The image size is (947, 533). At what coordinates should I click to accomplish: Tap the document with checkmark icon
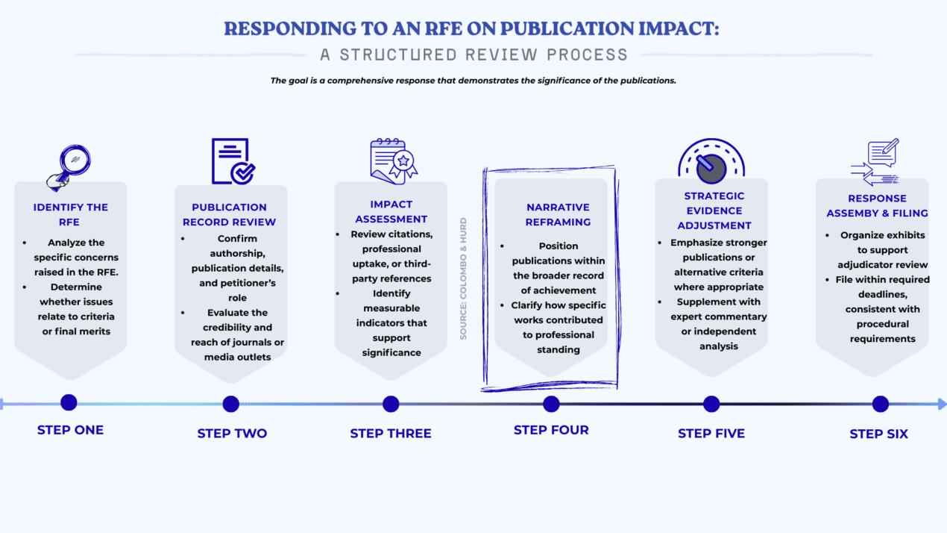tap(232, 161)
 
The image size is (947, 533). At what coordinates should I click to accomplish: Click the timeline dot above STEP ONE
tap(69, 403)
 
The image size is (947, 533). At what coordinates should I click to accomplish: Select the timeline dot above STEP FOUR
tap(551, 404)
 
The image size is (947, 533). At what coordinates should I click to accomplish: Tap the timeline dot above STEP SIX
tap(881, 404)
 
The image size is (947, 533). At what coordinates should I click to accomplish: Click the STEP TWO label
tap(232, 433)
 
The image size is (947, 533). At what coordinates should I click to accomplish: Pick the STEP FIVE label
tap(711, 433)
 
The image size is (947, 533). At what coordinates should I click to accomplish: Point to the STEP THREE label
tap(391, 433)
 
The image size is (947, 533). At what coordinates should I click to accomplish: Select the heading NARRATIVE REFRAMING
tap(558, 214)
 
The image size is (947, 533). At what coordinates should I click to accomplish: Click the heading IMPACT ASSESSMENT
tap(391, 211)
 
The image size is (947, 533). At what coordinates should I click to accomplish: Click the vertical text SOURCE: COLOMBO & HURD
tap(463, 278)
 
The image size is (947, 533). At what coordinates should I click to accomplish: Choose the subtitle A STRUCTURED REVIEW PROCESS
tap(474, 54)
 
